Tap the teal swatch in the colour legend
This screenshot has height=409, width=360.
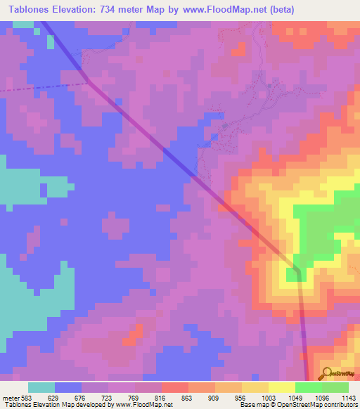[41, 387]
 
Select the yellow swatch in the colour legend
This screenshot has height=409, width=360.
[282, 387]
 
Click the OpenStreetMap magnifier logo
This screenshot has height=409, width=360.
[326, 373]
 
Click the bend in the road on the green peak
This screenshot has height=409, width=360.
[297, 270]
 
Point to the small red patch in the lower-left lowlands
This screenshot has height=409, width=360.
[130, 339]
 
